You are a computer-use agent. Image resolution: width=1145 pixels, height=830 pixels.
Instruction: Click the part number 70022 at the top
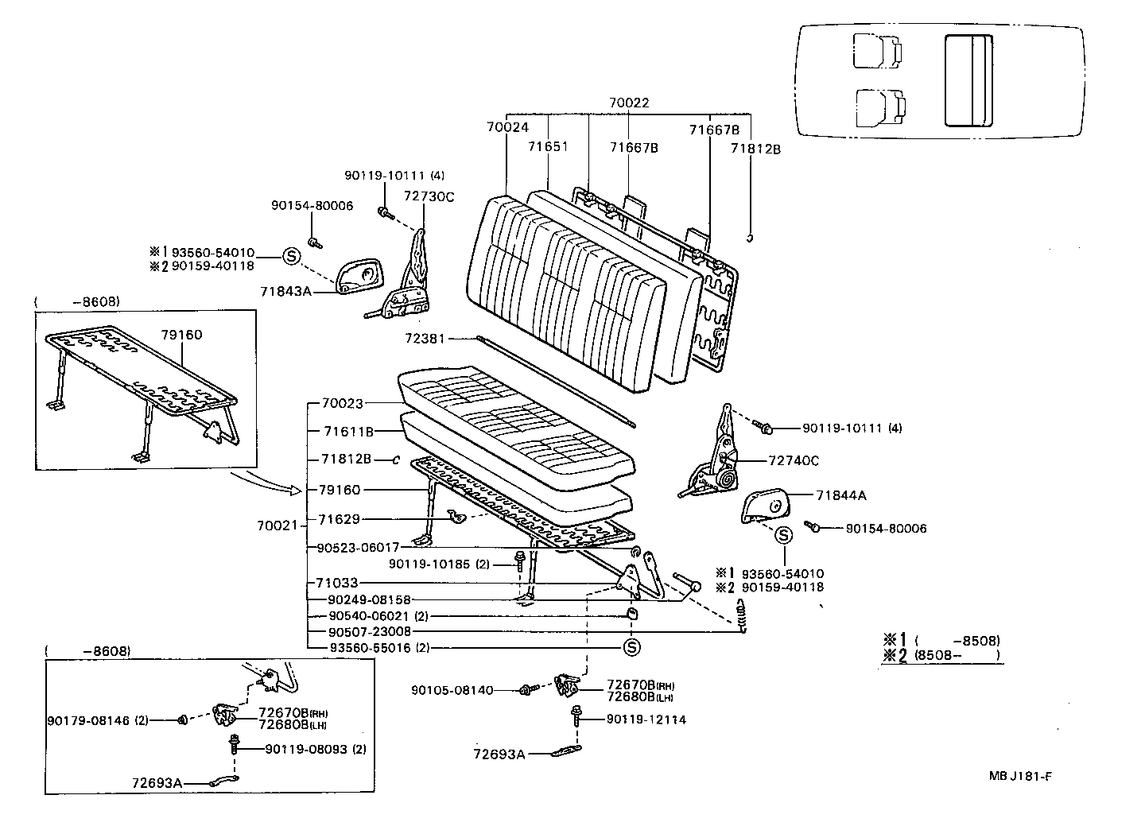(629, 103)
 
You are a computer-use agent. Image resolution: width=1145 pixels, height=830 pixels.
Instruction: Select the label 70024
(507, 127)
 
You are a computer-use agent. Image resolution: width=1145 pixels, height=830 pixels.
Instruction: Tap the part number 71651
(548, 146)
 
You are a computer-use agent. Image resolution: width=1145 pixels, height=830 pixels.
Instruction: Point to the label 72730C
(429, 197)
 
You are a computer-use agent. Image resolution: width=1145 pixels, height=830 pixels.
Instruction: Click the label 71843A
(285, 291)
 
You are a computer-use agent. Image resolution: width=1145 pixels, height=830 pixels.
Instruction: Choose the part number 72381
(425, 339)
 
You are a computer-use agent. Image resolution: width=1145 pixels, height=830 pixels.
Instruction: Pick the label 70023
(343, 403)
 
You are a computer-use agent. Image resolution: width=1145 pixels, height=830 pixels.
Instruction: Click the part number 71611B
(348, 432)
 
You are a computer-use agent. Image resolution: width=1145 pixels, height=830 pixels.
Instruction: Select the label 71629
(340, 519)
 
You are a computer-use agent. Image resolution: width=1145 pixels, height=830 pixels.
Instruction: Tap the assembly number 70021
(277, 526)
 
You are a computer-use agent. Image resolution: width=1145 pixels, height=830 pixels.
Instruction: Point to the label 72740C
(794, 461)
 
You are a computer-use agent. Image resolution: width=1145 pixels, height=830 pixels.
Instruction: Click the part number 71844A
(841, 495)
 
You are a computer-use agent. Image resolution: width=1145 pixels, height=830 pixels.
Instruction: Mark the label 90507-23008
(370, 632)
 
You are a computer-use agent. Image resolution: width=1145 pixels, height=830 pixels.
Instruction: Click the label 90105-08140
(452, 690)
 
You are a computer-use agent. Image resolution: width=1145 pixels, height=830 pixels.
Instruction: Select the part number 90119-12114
(646, 719)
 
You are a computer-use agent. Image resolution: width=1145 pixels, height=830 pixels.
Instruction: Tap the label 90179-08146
(88, 720)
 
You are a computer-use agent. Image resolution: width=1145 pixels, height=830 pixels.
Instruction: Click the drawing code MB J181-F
(1020, 776)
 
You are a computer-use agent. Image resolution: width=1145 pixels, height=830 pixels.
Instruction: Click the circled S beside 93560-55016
(632, 647)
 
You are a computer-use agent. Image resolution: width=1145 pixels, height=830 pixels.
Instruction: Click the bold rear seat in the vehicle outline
(968, 80)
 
